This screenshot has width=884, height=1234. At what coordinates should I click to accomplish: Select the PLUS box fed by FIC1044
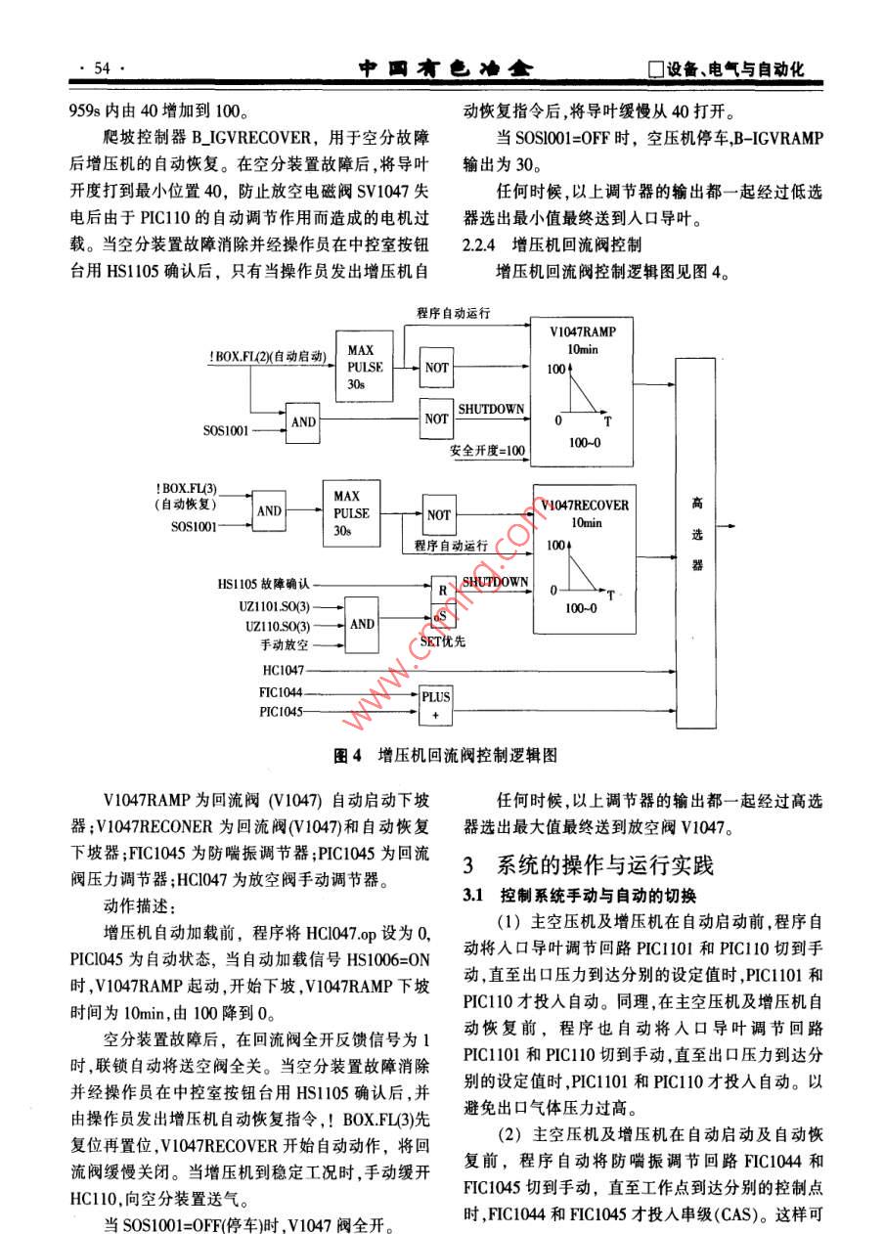(436, 706)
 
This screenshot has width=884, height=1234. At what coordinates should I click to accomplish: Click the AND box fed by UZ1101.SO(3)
(362, 624)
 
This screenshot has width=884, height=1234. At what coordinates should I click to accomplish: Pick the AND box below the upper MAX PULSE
(303, 421)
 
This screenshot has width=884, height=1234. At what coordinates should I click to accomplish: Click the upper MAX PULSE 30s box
(359, 368)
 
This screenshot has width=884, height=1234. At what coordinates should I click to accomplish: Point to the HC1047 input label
(283, 671)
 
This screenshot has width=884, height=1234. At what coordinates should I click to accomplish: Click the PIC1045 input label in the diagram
(282, 712)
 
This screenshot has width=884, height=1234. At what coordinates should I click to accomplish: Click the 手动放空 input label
(285, 646)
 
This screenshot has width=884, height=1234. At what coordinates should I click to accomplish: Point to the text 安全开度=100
(487, 451)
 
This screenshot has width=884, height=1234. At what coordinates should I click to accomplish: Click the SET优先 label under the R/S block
(441, 642)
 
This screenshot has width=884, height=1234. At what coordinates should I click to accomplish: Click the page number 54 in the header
(103, 68)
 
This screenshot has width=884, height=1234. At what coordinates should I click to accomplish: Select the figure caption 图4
(347, 756)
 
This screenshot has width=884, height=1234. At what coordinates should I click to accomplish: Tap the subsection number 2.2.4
(480, 242)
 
